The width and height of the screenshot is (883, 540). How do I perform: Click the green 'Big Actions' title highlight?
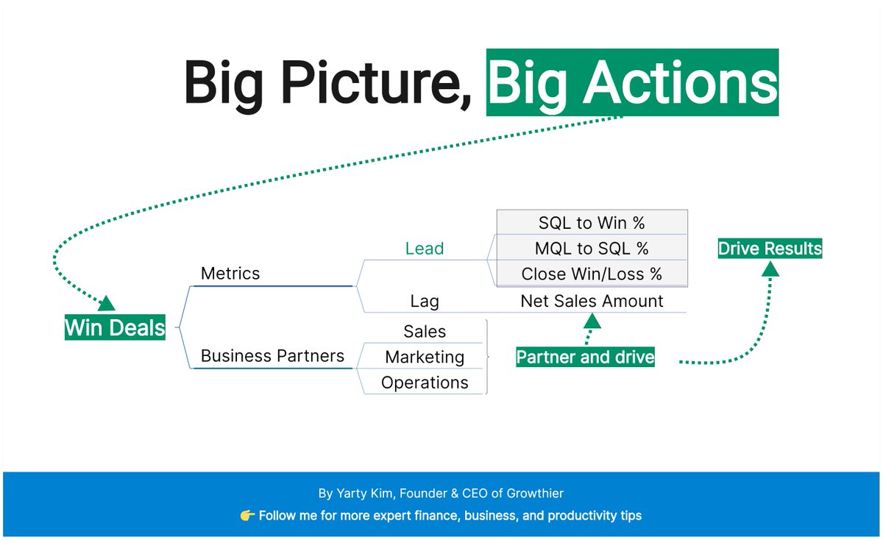click(632, 82)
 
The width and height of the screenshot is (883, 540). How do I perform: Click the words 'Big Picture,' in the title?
click(327, 82)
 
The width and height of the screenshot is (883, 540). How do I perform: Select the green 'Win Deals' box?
click(115, 327)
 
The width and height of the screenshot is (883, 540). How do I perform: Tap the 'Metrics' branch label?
click(230, 274)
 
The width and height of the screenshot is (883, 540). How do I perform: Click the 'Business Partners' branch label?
click(272, 356)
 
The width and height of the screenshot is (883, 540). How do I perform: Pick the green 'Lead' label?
click(425, 249)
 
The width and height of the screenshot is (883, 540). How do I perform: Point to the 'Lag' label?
click(425, 301)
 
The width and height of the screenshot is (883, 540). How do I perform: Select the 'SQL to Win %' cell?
click(592, 222)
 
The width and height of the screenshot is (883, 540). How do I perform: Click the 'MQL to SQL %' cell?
click(592, 248)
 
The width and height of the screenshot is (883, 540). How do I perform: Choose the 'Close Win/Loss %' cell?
click(592, 274)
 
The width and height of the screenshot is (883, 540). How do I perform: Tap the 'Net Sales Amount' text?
click(592, 301)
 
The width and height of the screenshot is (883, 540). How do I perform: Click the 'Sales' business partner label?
click(425, 332)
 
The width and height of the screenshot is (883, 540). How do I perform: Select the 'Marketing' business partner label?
click(425, 358)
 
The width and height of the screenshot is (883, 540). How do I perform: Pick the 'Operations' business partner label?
click(425, 383)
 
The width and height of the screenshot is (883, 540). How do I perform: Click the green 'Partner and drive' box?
click(585, 358)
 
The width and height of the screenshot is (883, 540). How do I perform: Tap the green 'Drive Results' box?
click(770, 249)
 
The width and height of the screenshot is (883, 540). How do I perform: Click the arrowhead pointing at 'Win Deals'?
click(107, 303)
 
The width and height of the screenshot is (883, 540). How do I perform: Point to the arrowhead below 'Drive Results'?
click(770, 269)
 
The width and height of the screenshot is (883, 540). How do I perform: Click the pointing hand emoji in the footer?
click(247, 516)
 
